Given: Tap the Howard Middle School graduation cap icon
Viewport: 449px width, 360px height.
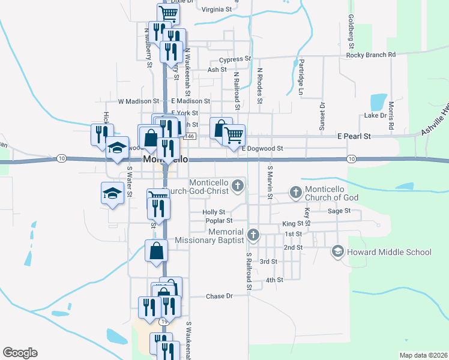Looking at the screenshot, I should (338, 251).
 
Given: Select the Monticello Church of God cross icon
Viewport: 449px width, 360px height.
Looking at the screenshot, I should (295, 193).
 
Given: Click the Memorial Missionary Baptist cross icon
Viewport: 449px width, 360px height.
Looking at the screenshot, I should (253, 234).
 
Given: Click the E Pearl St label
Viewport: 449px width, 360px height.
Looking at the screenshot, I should (354, 137).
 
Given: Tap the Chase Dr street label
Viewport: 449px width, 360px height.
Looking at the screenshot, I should (219, 296).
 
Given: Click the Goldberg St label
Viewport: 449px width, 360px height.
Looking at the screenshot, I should (352, 33).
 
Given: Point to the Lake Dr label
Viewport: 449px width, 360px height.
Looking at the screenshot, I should (375, 115).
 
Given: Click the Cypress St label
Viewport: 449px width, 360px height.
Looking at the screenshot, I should (235, 59).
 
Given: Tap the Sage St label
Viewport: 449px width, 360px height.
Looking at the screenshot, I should (339, 211).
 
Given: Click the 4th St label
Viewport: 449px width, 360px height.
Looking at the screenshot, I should (274, 280).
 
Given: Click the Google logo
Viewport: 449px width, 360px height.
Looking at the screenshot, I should (20, 353).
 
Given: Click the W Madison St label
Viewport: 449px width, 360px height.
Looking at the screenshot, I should (139, 101).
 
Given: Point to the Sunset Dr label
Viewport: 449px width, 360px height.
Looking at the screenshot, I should (322, 116).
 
